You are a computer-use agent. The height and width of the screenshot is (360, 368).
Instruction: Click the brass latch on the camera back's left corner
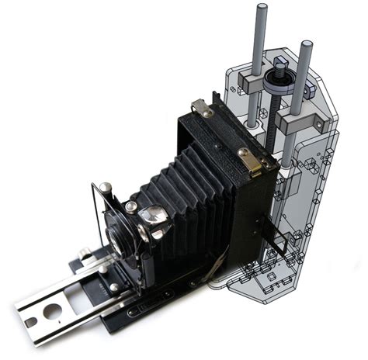tap(204, 109)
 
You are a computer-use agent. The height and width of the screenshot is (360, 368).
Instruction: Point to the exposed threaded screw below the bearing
tap(272, 120)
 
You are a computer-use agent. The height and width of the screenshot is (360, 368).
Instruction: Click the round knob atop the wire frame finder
tap(105, 187)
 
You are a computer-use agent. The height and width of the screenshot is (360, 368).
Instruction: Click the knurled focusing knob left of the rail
tap(84, 251)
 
